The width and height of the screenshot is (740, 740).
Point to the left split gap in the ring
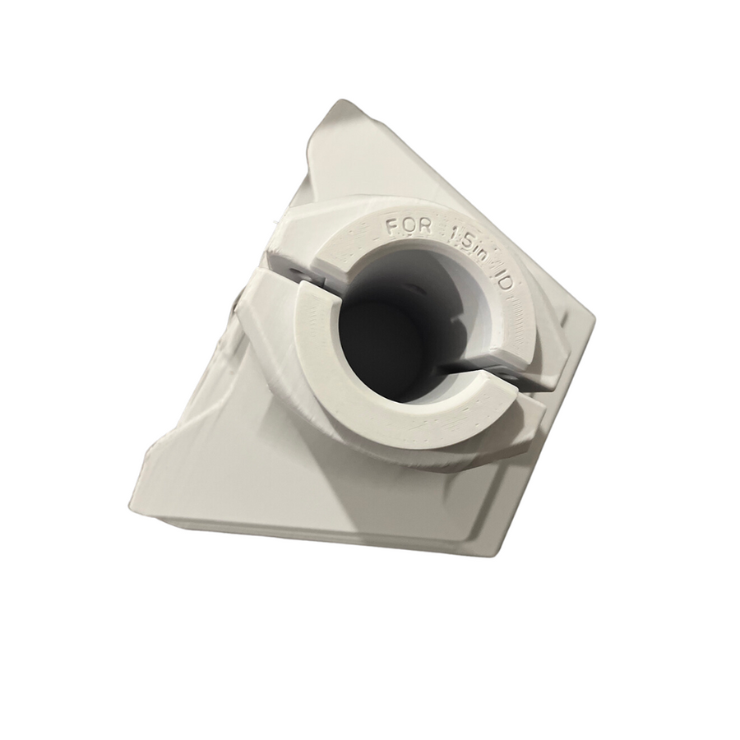(x=284, y=275)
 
